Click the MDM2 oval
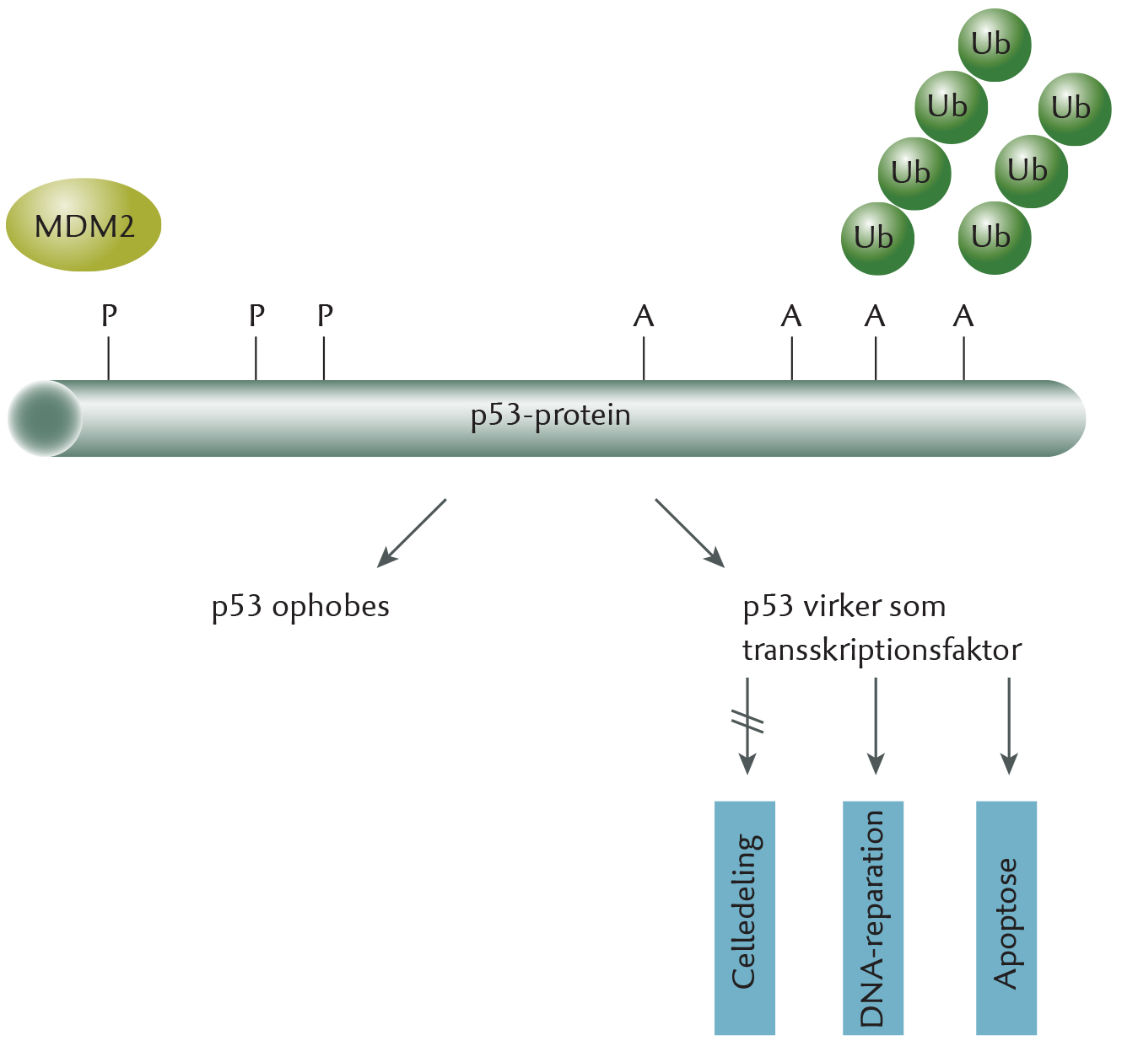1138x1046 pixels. click(x=84, y=225)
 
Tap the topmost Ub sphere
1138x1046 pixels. click(x=995, y=45)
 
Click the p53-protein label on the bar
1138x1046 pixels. click(x=550, y=416)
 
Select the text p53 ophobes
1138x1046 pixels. click(x=300, y=607)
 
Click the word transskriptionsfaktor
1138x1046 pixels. click(x=882, y=651)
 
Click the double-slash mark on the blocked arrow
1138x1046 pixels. click(x=747, y=721)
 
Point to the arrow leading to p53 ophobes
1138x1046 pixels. click(x=412, y=533)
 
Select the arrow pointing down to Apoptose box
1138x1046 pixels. click(x=1009, y=726)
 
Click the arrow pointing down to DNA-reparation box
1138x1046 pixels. click(x=876, y=726)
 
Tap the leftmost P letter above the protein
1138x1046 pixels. click(x=109, y=315)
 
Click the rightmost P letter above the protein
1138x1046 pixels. click(x=325, y=315)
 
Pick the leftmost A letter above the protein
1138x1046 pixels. click(x=644, y=316)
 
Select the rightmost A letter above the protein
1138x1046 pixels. click(x=963, y=316)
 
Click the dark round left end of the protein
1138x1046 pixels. click(x=45, y=418)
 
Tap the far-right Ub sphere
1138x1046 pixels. click(x=1075, y=110)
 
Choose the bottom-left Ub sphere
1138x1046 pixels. click(x=877, y=239)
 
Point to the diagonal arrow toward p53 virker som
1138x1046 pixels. click(x=690, y=533)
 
